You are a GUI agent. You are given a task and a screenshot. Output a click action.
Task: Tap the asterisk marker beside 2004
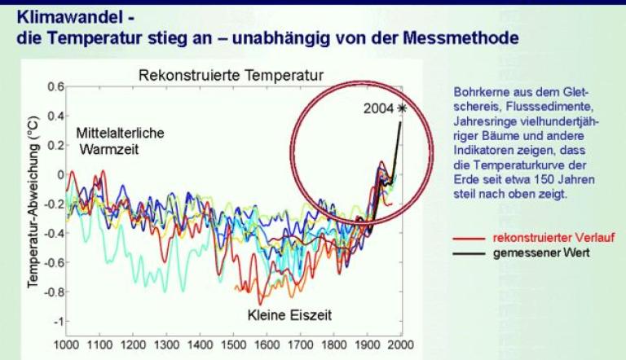pyautogui.click(x=401, y=108)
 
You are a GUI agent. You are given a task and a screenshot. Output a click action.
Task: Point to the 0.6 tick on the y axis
pyautogui.click(x=54, y=86)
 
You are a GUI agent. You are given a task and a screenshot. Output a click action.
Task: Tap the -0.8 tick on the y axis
pyautogui.click(x=52, y=292)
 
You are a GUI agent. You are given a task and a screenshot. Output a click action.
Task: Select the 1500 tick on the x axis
pyautogui.click(x=235, y=344)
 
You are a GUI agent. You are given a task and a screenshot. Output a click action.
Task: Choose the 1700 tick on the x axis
pyautogui.click(x=302, y=344)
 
